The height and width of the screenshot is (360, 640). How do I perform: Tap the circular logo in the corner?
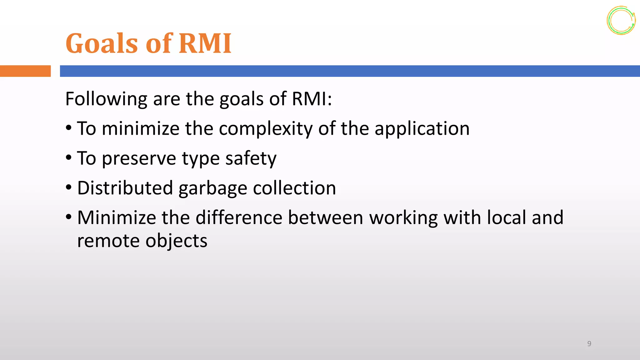click(621, 21)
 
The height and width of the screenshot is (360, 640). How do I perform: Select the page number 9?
click(589, 344)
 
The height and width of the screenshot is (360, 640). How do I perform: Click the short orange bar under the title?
click(25, 71)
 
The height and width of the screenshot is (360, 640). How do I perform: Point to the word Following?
click(106, 99)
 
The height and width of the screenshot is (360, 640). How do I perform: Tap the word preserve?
click(139, 158)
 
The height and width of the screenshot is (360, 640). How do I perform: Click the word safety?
click(251, 158)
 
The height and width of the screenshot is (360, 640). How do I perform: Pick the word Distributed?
click(125, 188)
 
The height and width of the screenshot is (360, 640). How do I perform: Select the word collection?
click(294, 188)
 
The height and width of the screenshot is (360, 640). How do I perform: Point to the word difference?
click(239, 217)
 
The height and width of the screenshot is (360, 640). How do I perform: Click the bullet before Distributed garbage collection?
click(69, 187)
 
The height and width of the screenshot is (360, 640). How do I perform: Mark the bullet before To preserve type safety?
click(69, 158)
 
